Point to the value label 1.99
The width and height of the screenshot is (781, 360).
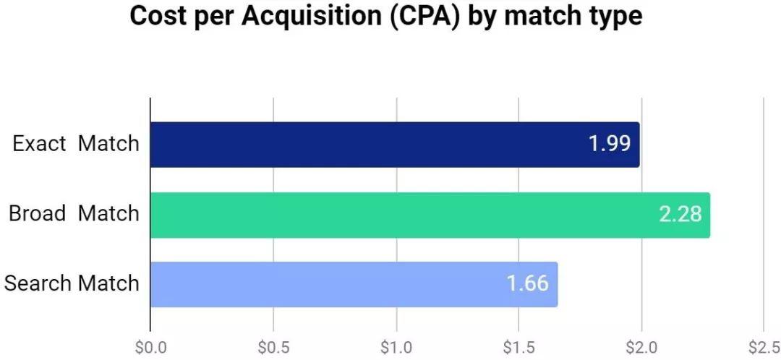[x=609, y=144]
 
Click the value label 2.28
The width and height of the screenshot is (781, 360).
[x=680, y=215]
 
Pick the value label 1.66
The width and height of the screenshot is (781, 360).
[x=527, y=284]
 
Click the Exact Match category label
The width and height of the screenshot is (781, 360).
[x=75, y=144]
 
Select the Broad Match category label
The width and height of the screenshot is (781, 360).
[x=73, y=214]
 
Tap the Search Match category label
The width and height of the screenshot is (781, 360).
[x=71, y=283]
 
